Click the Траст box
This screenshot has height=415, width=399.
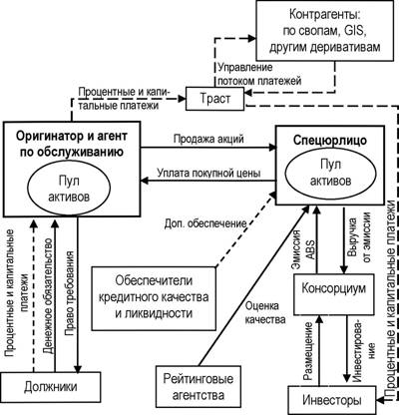[214, 99]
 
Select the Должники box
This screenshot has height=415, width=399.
[51, 387]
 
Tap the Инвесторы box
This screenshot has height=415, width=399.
[332, 399]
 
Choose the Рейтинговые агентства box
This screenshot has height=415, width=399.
[199, 387]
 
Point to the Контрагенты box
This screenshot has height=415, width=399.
[325, 31]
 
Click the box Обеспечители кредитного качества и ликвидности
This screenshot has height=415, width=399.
[154, 298]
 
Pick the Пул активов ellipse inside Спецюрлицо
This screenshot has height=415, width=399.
[330, 173]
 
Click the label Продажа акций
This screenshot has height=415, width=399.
[208, 139]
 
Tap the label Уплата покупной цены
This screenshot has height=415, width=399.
[208, 173]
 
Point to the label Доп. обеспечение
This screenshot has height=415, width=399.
[205, 224]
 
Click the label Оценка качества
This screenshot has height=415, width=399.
[265, 312]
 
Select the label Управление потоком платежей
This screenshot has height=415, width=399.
[259, 74]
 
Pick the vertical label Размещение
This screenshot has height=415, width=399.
[308, 350]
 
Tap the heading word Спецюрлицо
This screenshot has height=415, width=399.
[330, 141]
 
